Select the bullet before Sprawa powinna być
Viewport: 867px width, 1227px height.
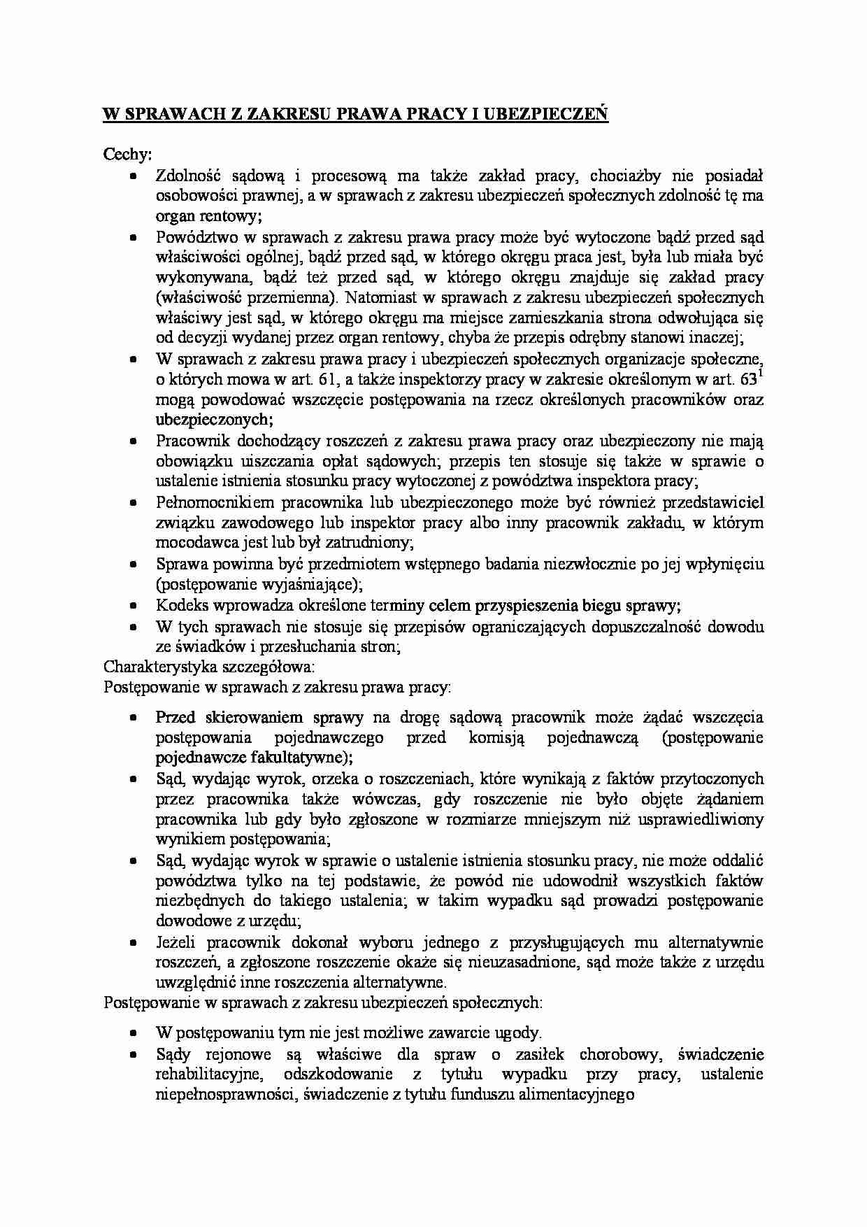click(134, 564)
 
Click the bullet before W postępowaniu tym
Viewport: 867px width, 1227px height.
click(134, 1033)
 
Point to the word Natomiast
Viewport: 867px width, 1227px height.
click(378, 297)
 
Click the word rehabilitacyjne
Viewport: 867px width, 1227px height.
click(209, 1074)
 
